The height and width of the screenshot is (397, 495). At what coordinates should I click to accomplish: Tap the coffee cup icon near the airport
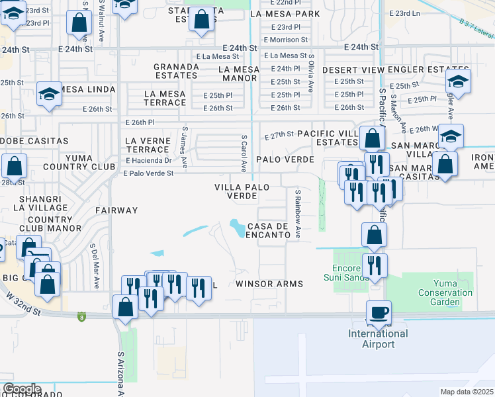pyautogui.click(x=379, y=312)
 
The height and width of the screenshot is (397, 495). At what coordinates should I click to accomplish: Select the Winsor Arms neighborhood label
pyautogui.click(x=269, y=284)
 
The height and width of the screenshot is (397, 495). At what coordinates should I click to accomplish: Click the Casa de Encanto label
pyautogui.click(x=268, y=230)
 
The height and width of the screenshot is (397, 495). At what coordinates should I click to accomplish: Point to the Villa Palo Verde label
pyautogui.click(x=242, y=192)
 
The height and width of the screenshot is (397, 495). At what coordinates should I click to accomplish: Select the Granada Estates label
pyautogui.click(x=176, y=71)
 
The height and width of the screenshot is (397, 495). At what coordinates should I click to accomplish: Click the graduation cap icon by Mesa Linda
pyautogui.click(x=49, y=95)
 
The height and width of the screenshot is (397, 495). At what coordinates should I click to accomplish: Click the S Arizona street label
pyautogui.click(x=121, y=374)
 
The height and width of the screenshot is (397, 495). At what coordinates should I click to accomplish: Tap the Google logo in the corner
pyautogui.click(x=22, y=389)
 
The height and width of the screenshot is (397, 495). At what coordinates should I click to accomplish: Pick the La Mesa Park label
pyautogui.click(x=282, y=13)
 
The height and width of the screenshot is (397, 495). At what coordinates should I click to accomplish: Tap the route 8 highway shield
pyautogui.click(x=81, y=316)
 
